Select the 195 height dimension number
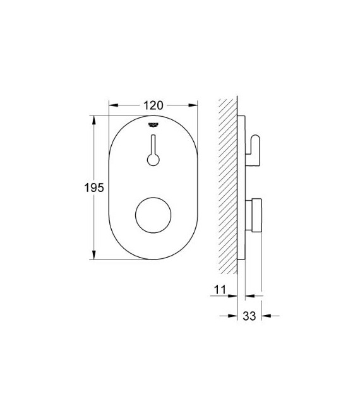93,188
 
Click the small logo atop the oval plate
153,124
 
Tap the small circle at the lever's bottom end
153,160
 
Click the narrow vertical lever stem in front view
153,143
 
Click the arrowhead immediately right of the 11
233,294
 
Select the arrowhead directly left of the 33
233,315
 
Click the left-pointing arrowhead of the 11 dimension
249,294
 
